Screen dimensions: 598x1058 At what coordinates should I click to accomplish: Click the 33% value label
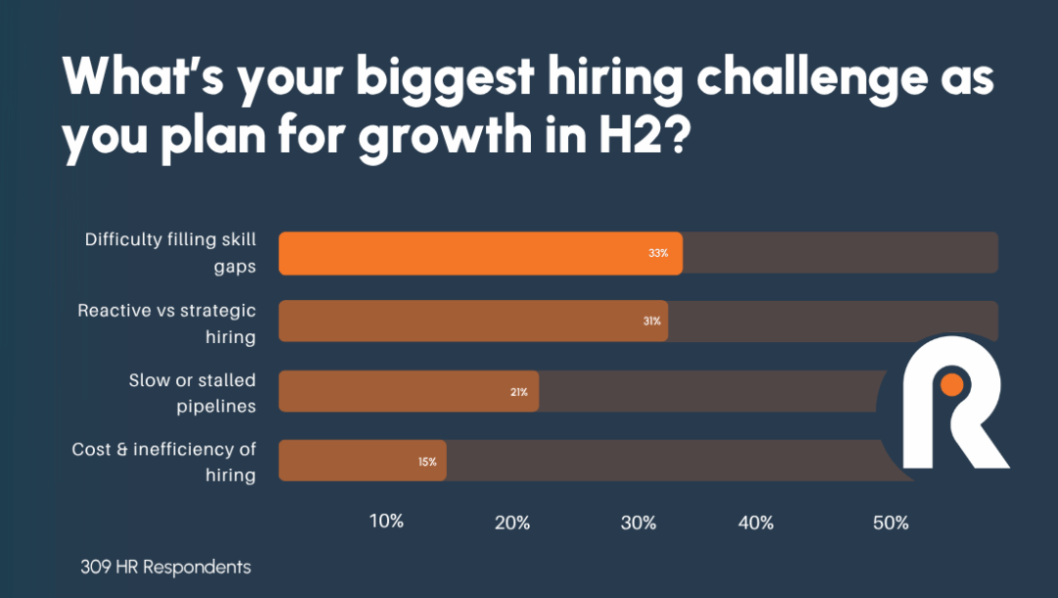point(658,253)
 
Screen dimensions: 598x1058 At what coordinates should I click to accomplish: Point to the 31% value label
point(651,322)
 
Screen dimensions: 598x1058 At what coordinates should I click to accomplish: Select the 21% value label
point(518,392)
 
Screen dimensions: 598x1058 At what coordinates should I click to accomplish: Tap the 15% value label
point(427,461)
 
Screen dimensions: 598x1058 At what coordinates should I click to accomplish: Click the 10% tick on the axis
point(386,522)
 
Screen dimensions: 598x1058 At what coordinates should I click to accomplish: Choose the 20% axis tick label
point(512,523)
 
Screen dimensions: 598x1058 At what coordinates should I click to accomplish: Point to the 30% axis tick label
point(638,523)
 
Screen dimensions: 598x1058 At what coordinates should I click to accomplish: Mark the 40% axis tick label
point(755,523)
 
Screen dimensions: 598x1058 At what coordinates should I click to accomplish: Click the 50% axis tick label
point(890,523)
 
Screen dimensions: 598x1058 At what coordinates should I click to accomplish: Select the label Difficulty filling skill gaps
point(169,253)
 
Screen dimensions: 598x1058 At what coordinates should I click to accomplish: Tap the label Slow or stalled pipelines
point(192,392)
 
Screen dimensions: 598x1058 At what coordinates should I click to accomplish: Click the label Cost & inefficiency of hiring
point(164,462)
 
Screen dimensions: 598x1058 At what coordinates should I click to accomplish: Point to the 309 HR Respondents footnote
point(166,568)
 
